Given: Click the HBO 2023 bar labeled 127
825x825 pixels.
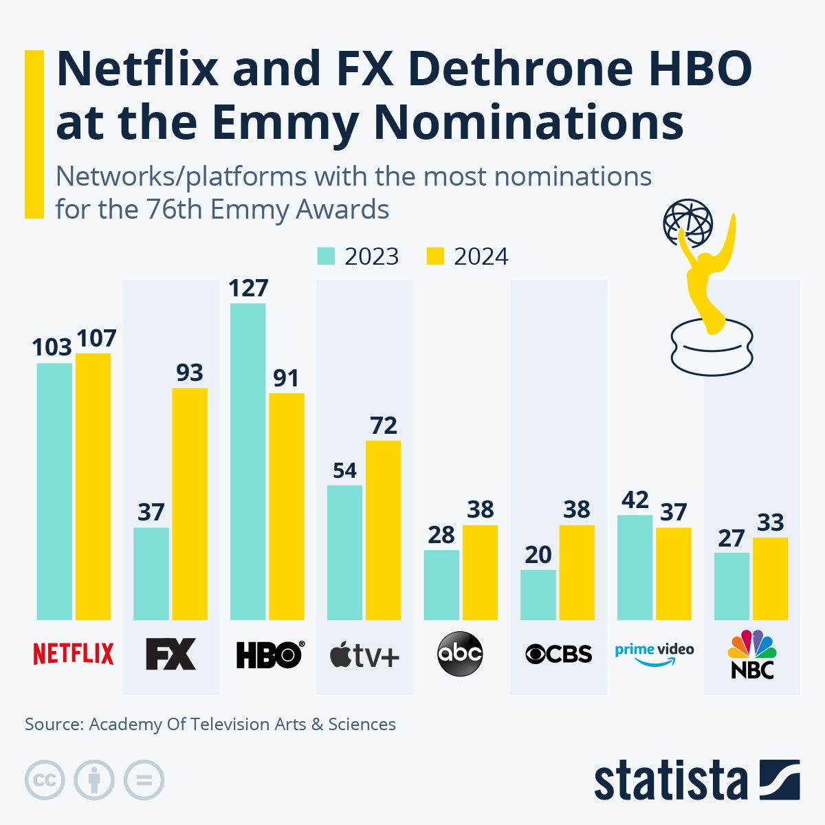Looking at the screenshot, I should tap(247, 461).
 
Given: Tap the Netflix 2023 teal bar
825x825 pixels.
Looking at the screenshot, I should tap(54, 491).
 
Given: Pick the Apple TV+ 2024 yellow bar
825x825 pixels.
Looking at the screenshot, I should tap(383, 530).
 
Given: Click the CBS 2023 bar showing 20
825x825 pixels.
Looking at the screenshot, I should tap(538, 595).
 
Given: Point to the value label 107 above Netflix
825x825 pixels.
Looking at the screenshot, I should tap(96, 338).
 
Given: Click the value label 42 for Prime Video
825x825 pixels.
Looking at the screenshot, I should tap(635, 500).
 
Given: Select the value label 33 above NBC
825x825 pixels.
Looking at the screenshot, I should tap(770, 522).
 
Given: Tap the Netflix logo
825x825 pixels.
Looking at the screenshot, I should tap(74, 654).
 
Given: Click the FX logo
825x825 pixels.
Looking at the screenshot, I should tap(170, 654).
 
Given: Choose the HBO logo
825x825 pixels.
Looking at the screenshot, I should tap(269, 654).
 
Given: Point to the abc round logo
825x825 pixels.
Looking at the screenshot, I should tap(460, 653).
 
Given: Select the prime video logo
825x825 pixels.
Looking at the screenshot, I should tap(654, 654).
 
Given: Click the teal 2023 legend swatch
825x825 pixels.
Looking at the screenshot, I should tap(326, 256).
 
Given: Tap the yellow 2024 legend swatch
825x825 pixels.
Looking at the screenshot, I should tap(435, 256).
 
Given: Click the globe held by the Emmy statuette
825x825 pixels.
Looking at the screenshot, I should tap(687, 222).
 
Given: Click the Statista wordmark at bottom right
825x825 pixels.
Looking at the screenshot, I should tap(670, 781).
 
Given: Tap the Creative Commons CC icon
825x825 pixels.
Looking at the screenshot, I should tap(45, 780).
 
